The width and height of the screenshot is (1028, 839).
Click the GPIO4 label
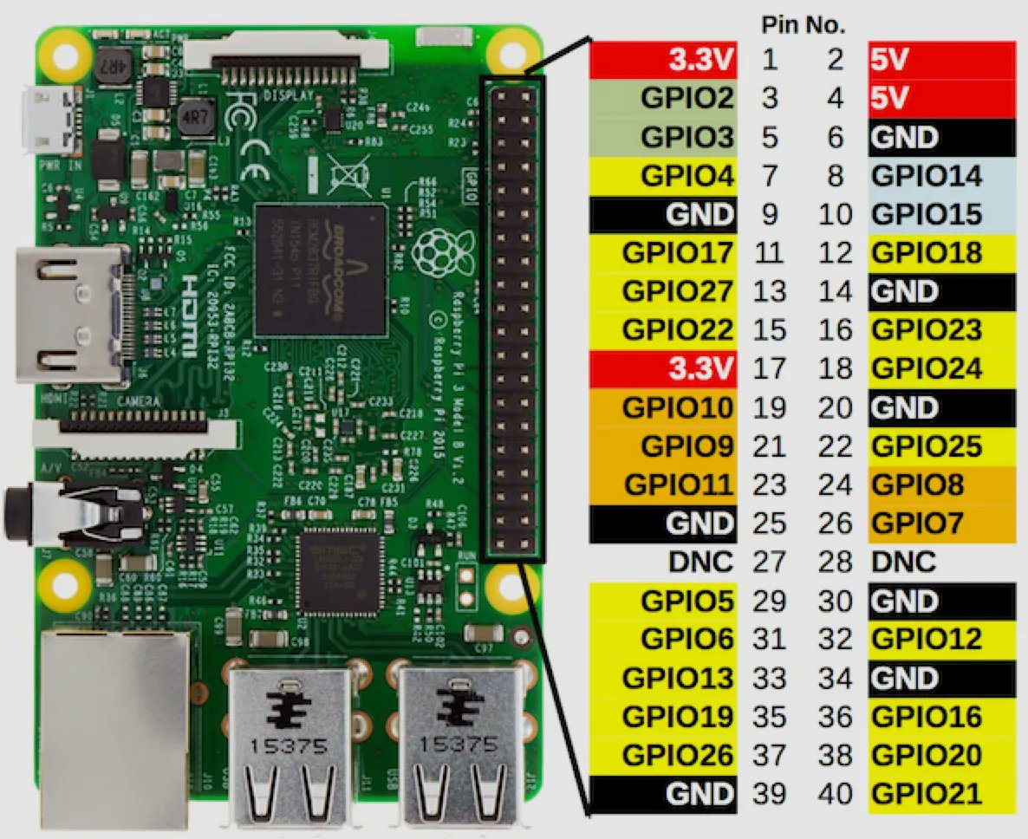tap(686, 176)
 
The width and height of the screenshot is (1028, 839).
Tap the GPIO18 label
tap(927, 253)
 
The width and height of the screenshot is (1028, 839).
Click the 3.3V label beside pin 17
tap(700, 369)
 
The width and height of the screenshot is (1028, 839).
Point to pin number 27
tap(770, 563)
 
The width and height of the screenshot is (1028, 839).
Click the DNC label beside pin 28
tap(904, 563)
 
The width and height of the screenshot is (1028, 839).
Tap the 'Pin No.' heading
tap(803, 25)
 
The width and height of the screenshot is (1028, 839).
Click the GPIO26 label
tap(677, 755)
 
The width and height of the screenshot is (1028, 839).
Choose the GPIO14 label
tap(927, 176)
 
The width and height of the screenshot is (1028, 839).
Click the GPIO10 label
tap(677, 407)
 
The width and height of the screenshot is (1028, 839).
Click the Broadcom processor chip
tap(322, 270)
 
